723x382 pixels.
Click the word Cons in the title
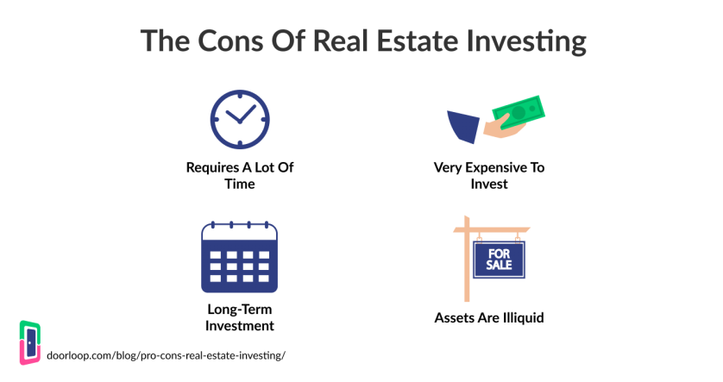pos(231,41)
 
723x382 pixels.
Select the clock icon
pos(240,119)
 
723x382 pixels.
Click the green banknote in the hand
pos(519,111)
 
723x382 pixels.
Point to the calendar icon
pos(239,257)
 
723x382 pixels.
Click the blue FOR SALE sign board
pos(499,260)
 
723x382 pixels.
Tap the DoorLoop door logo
pos(30,342)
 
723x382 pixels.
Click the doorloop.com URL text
pos(166,356)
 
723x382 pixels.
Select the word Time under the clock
pos(240,184)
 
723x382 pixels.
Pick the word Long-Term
pos(240,310)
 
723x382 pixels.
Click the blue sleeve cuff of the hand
pos(463,126)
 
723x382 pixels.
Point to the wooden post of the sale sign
pos(467,259)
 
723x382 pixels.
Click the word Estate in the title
pos(418,41)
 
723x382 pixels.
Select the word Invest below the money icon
pos(489,184)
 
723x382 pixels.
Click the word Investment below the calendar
pos(240,326)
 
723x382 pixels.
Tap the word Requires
pos(212,168)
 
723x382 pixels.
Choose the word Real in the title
pos(342,41)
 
